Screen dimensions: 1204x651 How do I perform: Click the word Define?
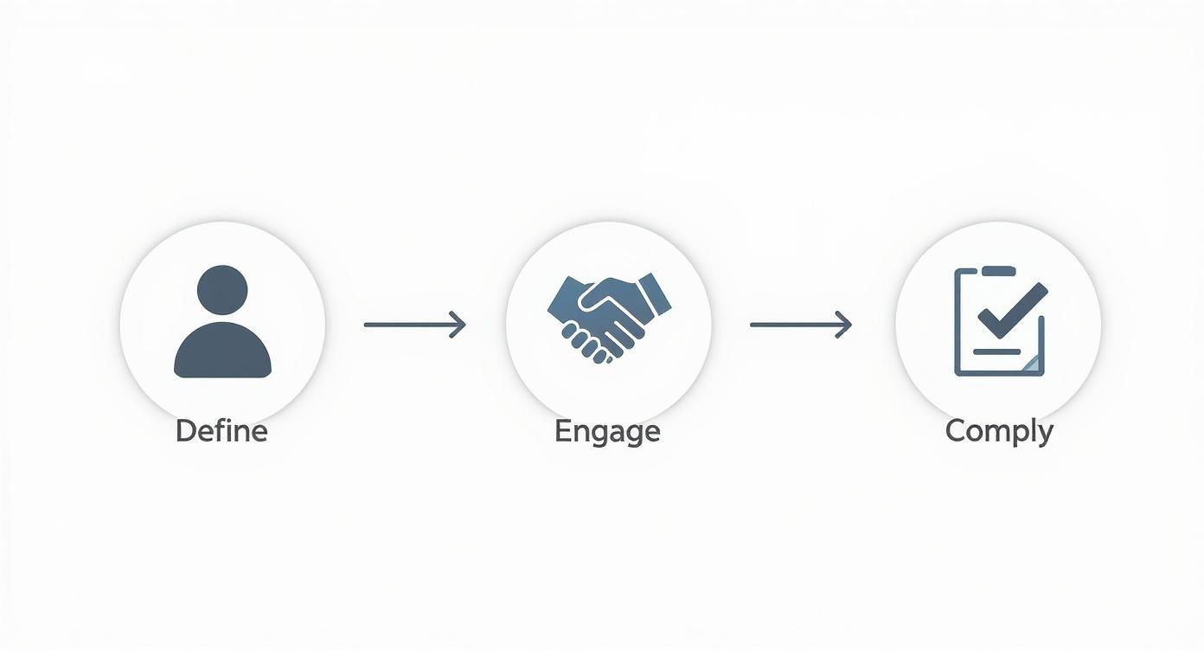[221, 431]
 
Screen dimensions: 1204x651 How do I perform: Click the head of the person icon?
[222, 291]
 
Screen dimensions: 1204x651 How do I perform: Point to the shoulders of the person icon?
[222, 351]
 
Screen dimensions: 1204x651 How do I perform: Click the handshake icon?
[610, 318]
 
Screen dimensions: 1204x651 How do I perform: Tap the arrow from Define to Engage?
[414, 325]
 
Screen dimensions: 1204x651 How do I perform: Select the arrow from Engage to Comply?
[801, 325]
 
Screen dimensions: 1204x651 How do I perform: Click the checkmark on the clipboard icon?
[1012, 312]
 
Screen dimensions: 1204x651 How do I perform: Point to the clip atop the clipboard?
[999, 271]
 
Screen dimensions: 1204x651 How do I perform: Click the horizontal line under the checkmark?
[996, 351]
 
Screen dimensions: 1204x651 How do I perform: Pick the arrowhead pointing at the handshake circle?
[458, 325]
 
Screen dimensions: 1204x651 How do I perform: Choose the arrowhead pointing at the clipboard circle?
[844, 325]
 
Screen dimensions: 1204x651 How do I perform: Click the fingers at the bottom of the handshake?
[586, 344]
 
